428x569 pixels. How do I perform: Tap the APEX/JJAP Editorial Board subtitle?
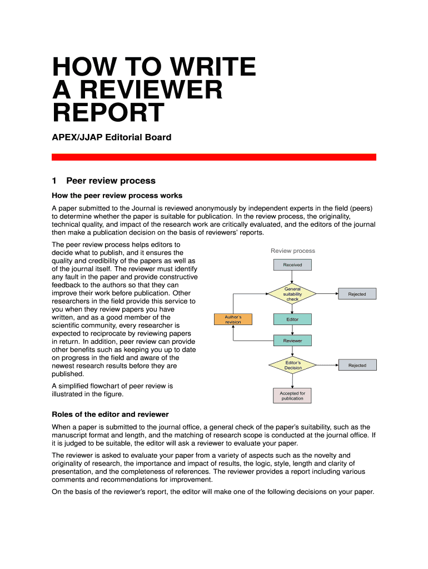coord(111,137)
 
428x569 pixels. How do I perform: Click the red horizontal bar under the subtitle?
coord(213,157)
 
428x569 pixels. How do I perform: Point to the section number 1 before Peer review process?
coord(54,181)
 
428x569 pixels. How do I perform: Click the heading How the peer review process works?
coord(117,196)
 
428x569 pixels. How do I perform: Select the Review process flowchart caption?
coord(292,251)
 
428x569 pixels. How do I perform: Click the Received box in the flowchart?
coord(292,265)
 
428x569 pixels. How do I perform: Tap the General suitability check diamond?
coord(292,294)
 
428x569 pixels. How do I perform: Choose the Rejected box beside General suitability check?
coord(357,294)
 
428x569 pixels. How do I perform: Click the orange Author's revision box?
coord(233,320)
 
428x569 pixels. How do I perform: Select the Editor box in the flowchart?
coord(292,320)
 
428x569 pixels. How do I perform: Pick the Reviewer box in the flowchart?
coord(292,341)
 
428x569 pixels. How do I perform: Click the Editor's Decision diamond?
coord(292,365)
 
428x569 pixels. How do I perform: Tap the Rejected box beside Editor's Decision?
coord(357,365)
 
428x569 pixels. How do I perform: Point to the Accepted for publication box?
coord(292,396)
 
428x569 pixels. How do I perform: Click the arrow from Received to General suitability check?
coord(292,277)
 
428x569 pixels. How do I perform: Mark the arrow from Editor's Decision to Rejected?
coord(327,365)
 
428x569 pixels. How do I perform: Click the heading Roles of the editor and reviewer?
coord(110,415)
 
